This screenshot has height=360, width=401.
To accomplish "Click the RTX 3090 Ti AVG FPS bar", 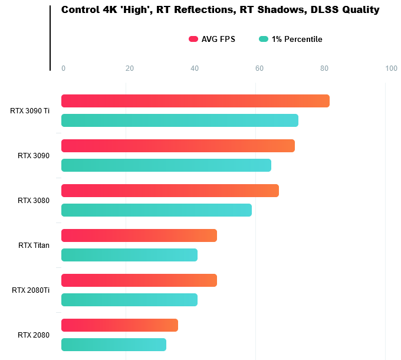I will pos(195,101).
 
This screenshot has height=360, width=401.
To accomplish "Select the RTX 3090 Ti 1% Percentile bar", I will pos(179,120).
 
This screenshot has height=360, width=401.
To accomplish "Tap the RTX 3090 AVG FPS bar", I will pos(178,146).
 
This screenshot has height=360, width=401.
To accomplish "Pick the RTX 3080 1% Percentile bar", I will pos(156,210).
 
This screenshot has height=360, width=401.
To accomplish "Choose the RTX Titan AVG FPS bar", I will pos(139,235).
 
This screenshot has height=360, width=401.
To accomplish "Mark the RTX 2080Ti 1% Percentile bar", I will pos(129,300).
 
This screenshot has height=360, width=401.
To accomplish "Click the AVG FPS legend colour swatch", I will pos(193,40).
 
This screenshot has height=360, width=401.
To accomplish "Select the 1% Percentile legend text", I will pos(297,40).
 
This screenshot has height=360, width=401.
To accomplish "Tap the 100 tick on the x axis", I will pos(391,68).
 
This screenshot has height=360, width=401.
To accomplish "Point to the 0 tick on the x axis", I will pos(63,68).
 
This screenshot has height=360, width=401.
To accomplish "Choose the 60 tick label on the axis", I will pos(259,68).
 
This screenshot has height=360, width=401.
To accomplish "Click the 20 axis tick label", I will pos(129,68).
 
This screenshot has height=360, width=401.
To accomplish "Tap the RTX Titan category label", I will pos(34,246).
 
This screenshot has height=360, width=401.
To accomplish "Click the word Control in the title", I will pos(80,10).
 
